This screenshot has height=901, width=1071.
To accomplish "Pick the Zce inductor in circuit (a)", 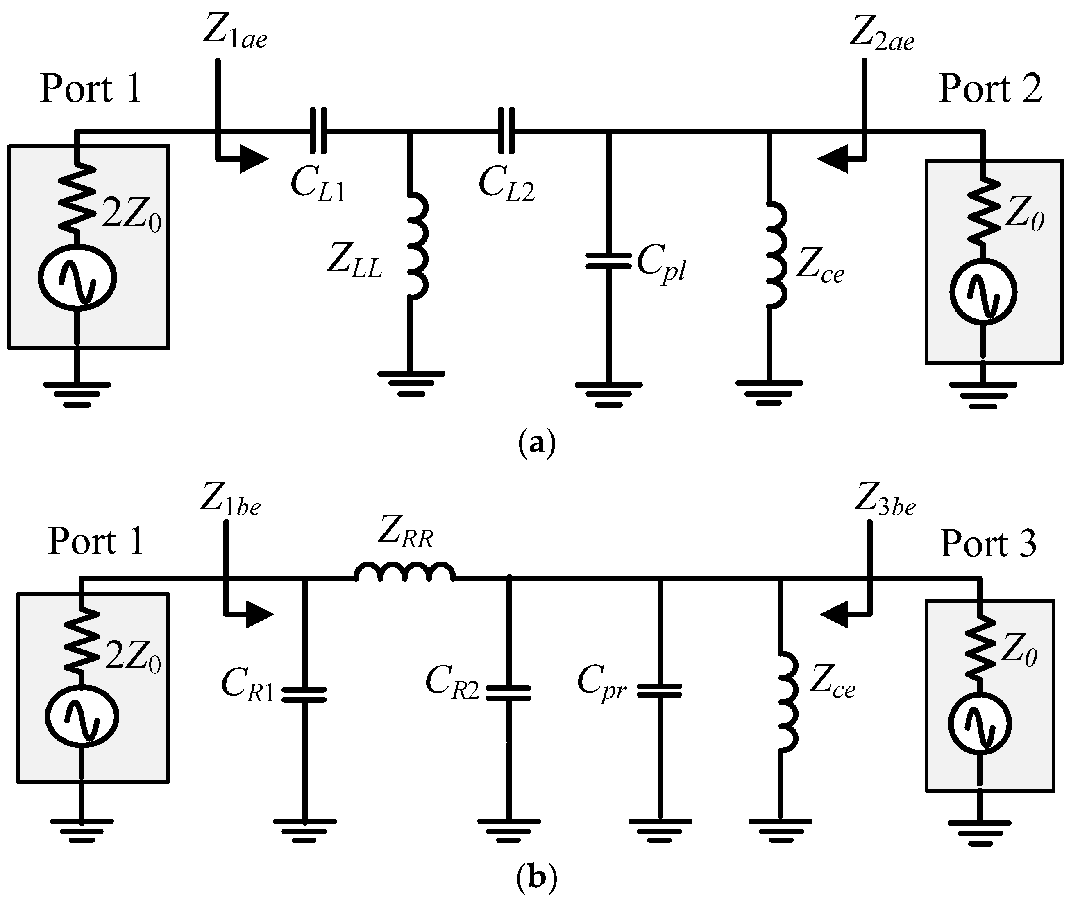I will tap(775, 255).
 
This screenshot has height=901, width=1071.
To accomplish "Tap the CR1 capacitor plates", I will tap(304, 695).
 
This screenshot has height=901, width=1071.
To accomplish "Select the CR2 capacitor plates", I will tap(508, 693).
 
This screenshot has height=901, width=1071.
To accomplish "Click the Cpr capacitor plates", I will tap(660, 691).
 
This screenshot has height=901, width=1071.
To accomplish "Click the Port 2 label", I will tap(990, 89).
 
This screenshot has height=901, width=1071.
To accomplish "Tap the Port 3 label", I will tap(988, 544).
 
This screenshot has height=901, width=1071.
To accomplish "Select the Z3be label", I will tap(885, 501).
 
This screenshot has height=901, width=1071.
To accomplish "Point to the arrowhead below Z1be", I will tap(259, 614).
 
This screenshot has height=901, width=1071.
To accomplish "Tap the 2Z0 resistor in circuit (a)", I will tap(77, 195).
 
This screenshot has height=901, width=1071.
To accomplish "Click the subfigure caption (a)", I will tap(536, 443).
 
